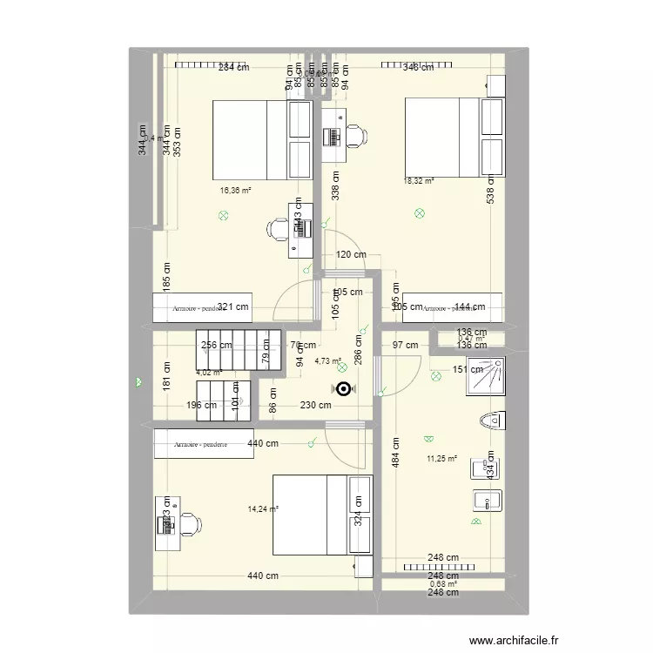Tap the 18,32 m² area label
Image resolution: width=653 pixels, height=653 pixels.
(419, 181)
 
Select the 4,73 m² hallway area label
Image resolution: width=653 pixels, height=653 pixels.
(327, 361)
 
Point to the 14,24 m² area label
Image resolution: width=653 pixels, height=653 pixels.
(262, 509)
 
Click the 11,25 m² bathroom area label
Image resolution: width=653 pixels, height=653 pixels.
(442, 460)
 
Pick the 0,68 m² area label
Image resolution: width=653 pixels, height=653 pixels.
(442, 584)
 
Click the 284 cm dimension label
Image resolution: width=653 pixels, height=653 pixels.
(233, 68)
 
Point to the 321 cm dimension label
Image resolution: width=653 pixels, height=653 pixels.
(232, 307)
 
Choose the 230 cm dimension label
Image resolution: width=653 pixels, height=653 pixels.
(315, 405)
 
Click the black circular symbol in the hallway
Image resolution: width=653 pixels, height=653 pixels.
(344, 390)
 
